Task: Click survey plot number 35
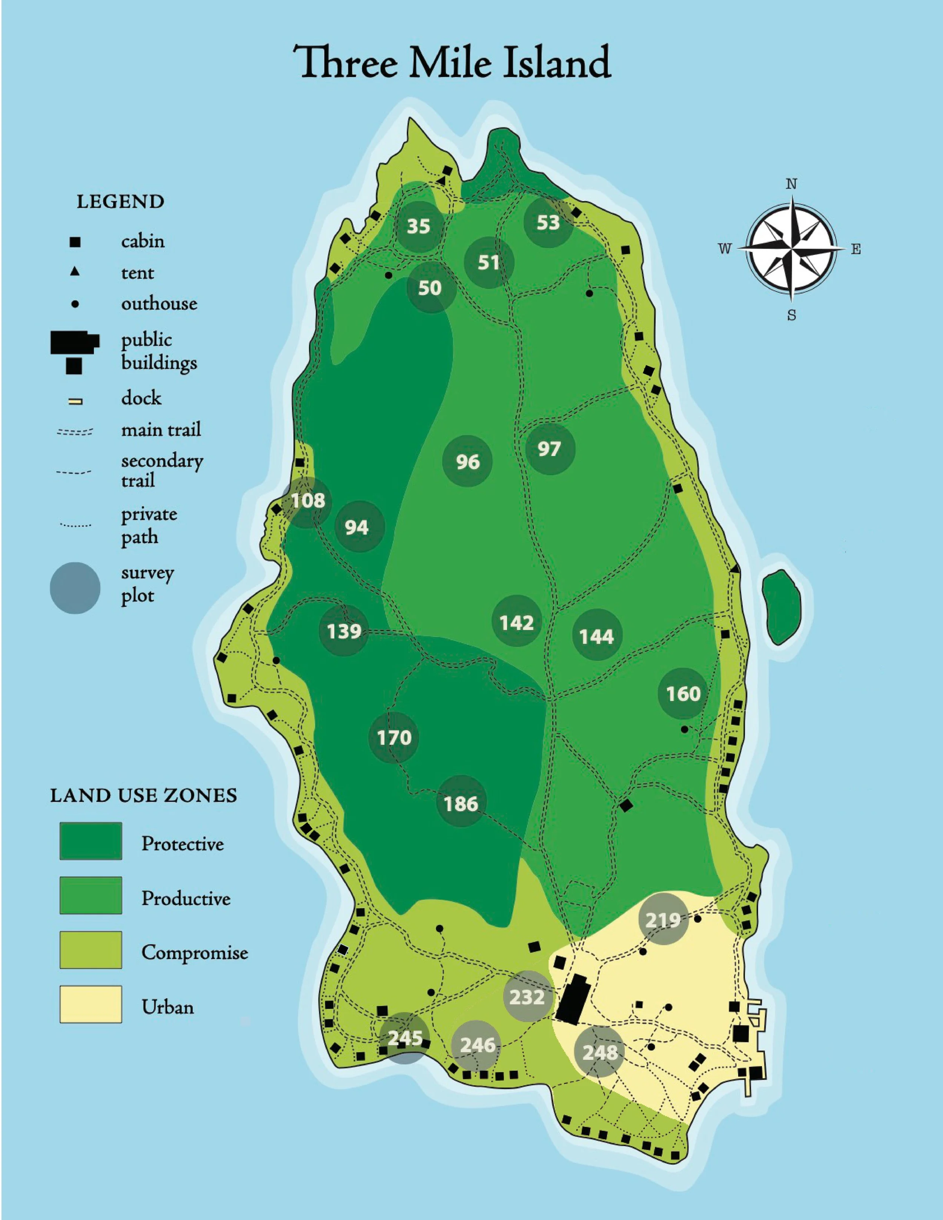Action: coord(418,226)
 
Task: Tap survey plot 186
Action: coord(461,803)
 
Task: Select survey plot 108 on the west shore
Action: coord(308,500)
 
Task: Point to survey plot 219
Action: coord(663,919)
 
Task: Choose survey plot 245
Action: coord(405,1038)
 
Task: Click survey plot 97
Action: coord(549,449)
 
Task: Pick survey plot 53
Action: coord(548,223)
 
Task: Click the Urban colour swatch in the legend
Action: coord(91,1004)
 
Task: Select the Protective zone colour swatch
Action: coord(91,841)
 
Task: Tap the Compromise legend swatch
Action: coord(91,950)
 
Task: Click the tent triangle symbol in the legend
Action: coord(75,272)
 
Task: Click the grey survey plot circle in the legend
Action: coord(75,588)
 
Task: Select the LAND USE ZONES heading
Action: coord(144,795)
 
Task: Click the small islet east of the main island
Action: coord(782,609)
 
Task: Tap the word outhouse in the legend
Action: coord(159,303)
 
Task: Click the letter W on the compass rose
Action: coord(725,249)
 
